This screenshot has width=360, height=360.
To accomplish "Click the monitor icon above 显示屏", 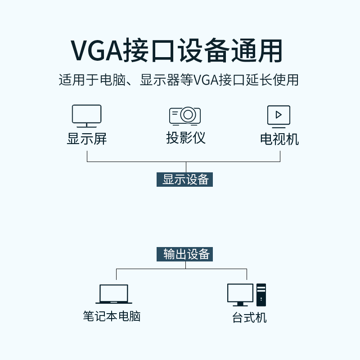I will click(x=87, y=116).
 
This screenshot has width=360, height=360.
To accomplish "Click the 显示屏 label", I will click(x=87, y=139).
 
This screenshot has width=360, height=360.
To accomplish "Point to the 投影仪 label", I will click(x=186, y=138).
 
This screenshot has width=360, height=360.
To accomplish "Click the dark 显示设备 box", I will click(x=185, y=179).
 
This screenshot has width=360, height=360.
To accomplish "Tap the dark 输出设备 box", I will click(x=185, y=254).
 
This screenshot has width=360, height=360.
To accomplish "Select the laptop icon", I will click(x=114, y=294).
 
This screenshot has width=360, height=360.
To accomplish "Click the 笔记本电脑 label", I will click(x=112, y=316).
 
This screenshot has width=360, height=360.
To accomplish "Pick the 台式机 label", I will click(x=249, y=318).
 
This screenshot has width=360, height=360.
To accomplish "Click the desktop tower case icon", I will click(x=261, y=294).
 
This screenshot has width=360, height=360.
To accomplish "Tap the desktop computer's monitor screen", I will click(x=240, y=293).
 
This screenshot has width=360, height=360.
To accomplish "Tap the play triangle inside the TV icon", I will click(x=279, y=114).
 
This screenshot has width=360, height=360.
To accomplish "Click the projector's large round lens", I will click(x=188, y=115).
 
